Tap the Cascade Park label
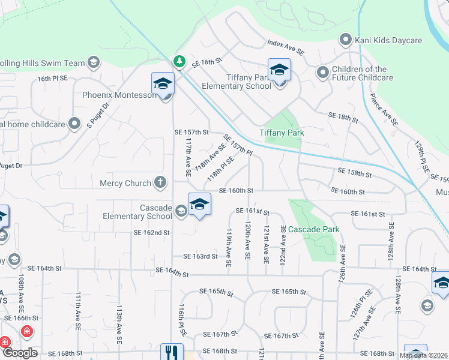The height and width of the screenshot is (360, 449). tap(314, 229)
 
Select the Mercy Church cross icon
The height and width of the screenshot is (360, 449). tap(160, 182)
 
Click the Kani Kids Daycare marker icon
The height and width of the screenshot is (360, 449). tap(346, 40)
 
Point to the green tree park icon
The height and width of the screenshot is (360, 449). tap(178, 61)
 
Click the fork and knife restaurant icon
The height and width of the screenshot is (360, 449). tap(172, 352)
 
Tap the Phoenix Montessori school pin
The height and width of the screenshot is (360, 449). tap(163, 85)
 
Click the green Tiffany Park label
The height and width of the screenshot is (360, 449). tap(282, 133)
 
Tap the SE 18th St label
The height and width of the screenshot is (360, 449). tap(343, 115)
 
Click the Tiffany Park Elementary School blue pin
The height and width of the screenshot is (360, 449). tap(279, 71)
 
